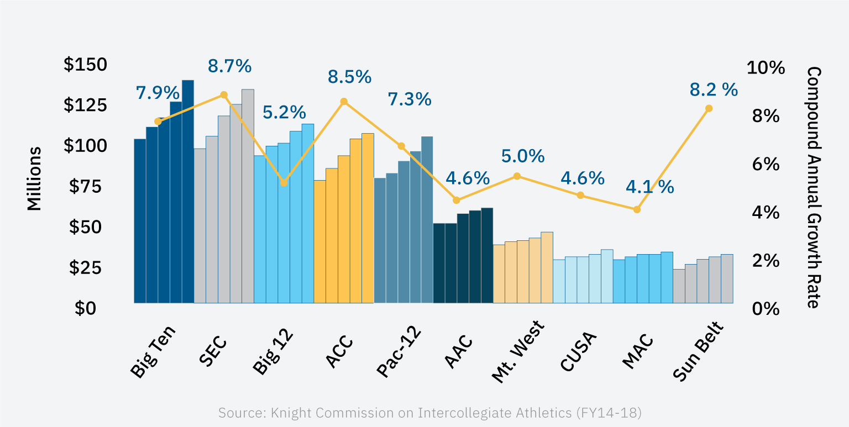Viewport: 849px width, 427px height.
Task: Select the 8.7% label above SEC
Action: [x=229, y=66]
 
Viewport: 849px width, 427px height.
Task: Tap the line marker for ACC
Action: [x=344, y=102]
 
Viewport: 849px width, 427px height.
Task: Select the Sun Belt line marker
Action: [x=709, y=108]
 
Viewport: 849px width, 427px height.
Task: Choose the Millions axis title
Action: [x=34, y=178]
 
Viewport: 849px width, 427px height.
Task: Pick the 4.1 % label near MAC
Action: [x=649, y=187]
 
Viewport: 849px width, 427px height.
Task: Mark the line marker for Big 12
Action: [x=284, y=183]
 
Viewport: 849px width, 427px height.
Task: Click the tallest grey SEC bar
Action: [x=248, y=196]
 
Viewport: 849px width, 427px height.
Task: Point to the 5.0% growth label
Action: [x=523, y=156]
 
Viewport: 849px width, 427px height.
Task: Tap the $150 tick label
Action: [x=86, y=65]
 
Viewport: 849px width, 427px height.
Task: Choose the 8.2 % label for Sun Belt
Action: [x=714, y=89]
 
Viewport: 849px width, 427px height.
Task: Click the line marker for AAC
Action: [x=456, y=200]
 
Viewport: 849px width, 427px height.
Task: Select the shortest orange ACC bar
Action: [x=319, y=241]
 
